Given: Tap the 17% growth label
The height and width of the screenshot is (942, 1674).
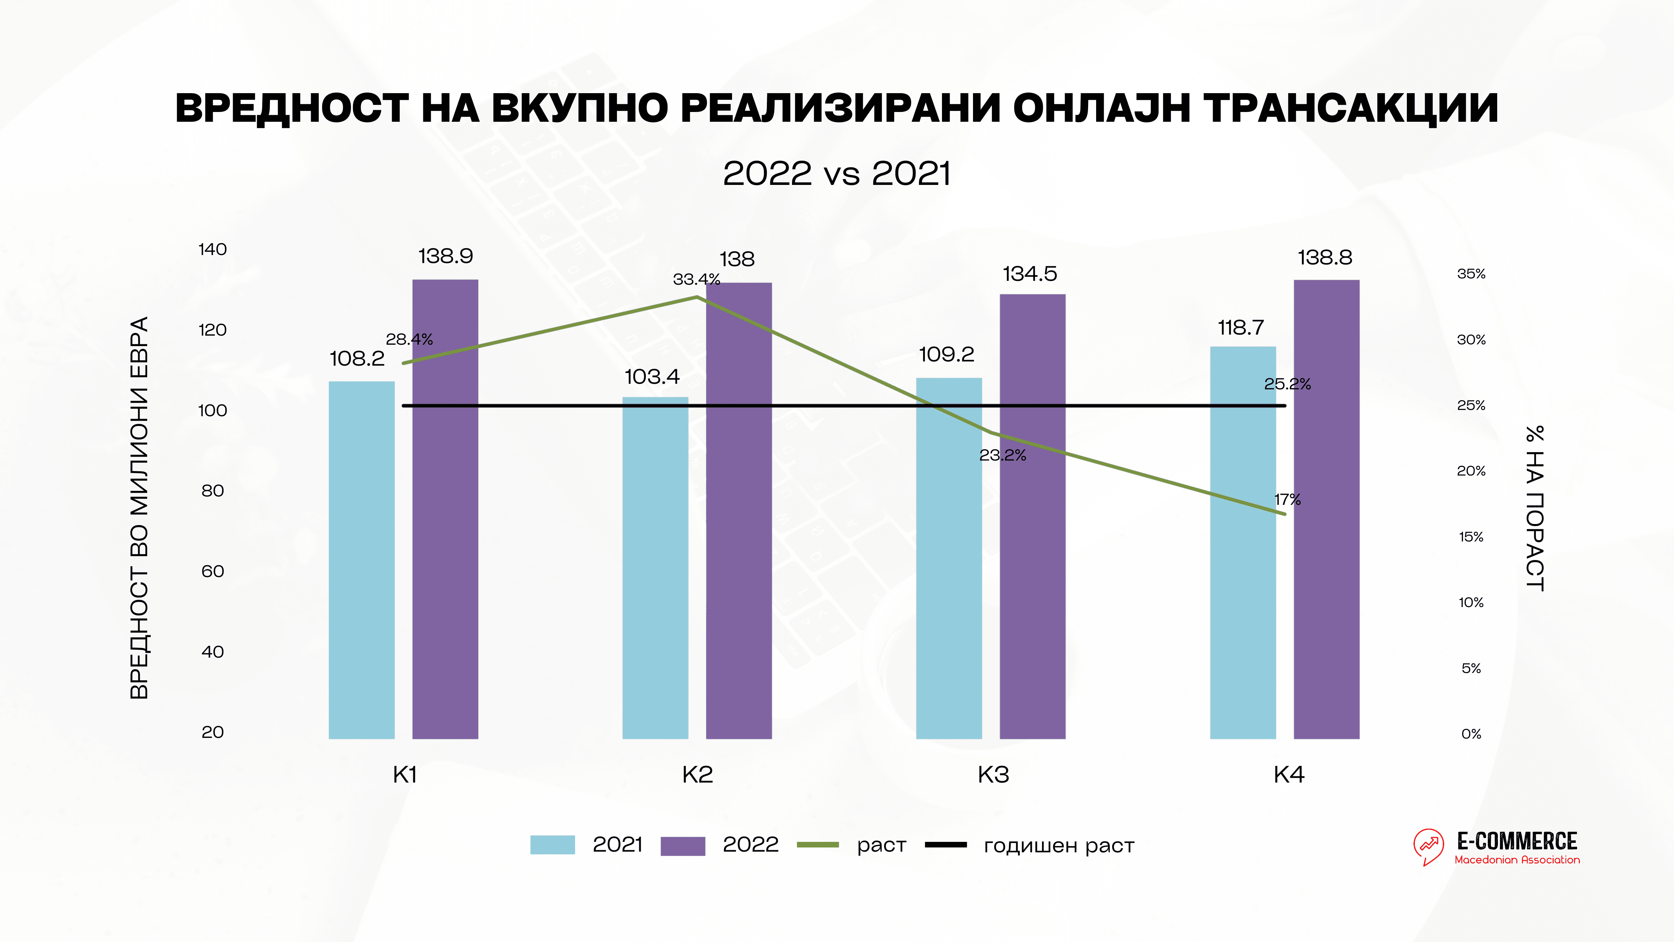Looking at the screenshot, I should (1287, 499).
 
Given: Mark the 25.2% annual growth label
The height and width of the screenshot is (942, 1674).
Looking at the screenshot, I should (1287, 384).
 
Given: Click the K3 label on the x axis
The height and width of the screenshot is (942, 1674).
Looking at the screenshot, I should (993, 775).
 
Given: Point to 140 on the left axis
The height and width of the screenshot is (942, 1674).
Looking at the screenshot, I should (212, 250).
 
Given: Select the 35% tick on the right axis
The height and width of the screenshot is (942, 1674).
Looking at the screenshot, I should (1471, 274).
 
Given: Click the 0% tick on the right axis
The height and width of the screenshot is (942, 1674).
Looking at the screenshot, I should (1471, 734).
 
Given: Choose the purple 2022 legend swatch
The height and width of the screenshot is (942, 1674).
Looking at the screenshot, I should (683, 846).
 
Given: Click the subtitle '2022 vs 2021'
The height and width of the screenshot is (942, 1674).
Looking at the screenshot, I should (837, 174).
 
